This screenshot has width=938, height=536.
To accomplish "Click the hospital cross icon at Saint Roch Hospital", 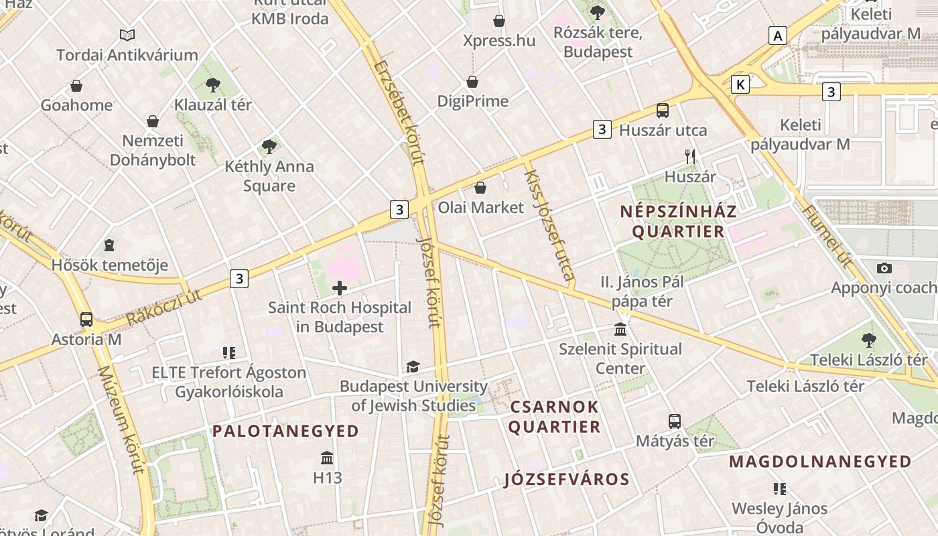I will pos(340,288).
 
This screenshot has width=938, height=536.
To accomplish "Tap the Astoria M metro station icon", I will pos(86,319).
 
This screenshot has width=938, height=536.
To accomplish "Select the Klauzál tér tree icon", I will pos(213,84).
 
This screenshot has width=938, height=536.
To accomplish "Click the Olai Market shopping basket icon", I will pos(480,188).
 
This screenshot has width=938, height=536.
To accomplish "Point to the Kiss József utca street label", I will pos(549,225).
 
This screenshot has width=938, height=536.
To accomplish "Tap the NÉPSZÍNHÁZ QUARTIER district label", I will pos(678,222).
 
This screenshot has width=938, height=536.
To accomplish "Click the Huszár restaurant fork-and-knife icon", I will pos(690,157).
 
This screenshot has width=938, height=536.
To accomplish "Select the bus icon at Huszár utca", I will pos(663,111).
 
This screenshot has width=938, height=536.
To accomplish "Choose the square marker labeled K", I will pos(740,84).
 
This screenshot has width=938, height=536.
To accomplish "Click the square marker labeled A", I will pos(777,35).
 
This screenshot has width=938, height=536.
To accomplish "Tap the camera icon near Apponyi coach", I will pos(884,268).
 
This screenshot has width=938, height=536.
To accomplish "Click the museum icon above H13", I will pos(327,458).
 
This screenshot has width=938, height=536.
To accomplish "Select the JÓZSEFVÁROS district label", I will pos(566,479).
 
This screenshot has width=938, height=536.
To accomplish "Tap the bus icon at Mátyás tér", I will pos(675,421).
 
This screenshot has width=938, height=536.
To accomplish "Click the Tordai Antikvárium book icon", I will pos(127,35).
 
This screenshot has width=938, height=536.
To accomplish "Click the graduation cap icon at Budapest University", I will pos(413,366).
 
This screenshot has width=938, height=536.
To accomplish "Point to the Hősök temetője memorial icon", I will pos(109,245).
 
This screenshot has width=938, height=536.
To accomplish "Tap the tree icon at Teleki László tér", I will pos(869,340).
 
